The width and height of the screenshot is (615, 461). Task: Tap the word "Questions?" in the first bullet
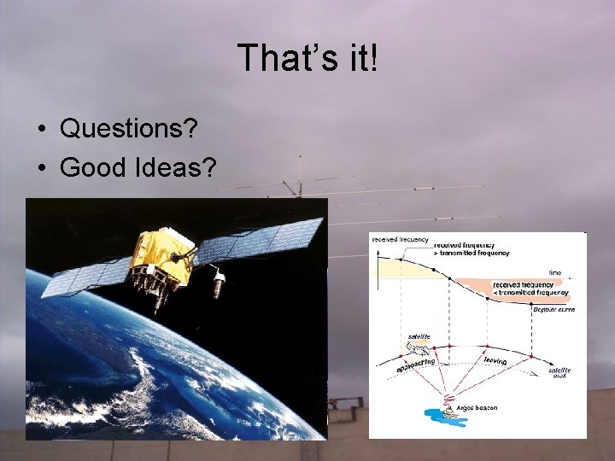[x=129, y=129]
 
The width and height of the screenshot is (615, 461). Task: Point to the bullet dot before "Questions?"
[x=41, y=130]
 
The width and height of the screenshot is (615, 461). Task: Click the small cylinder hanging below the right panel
[x=220, y=279]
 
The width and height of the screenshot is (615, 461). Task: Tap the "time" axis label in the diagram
[x=555, y=273]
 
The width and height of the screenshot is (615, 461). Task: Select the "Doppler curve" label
[x=553, y=309]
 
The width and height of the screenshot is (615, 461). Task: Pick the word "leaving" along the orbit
[x=495, y=361]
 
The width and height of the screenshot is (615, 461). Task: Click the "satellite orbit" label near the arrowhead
[x=559, y=372]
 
